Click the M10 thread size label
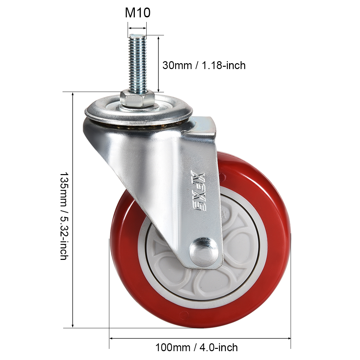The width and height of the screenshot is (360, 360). (x=137, y=12)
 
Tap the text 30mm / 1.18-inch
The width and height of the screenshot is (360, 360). (x=204, y=65)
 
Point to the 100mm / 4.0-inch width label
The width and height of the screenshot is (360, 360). (x=197, y=347)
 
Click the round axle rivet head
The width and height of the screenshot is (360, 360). (x=204, y=252)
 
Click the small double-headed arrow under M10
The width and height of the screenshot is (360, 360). (x=137, y=28)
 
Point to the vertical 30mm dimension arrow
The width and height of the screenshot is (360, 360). (x=158, y=64)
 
